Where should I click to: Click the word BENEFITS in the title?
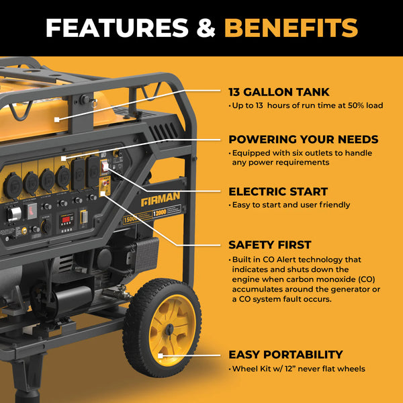pos(290,28)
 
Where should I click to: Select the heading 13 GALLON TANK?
pos(279,92)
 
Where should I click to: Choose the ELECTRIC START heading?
pos(278,191)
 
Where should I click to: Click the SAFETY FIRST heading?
pos(269,245)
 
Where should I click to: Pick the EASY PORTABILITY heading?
pos(285,355)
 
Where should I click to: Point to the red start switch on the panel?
pos(105,165)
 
